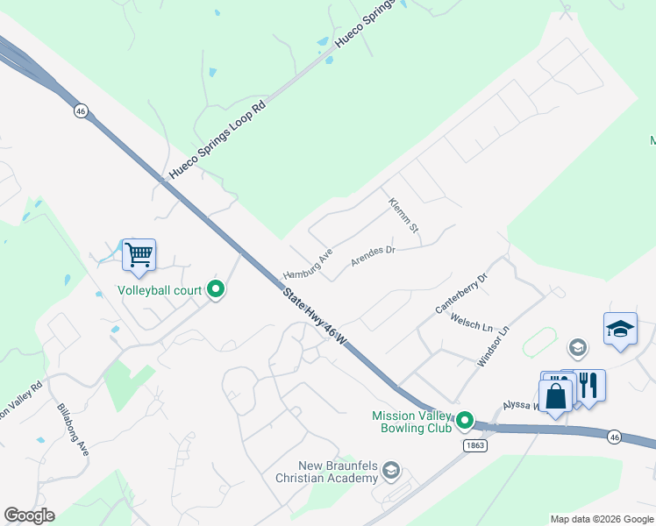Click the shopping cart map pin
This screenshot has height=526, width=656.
(x=139, y=255)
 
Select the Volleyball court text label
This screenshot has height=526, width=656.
(x=160, y=290)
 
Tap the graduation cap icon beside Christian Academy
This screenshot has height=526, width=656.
(x=391, y=473)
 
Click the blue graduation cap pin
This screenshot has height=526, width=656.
(x=620, y=330)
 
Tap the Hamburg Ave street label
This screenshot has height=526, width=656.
(x=308, y=263)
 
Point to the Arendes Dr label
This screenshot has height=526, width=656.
(x=374, y=255)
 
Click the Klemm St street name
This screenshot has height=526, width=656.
(x=404, y=221)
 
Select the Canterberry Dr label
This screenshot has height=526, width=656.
(x=461, y=294)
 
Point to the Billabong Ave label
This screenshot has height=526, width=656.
(x=73, y=430)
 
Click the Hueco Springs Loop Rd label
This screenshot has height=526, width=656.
(x=216, y=140)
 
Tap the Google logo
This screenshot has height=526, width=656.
(x=29, y=515)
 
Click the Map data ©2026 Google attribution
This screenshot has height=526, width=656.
(x=601, y=519)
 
